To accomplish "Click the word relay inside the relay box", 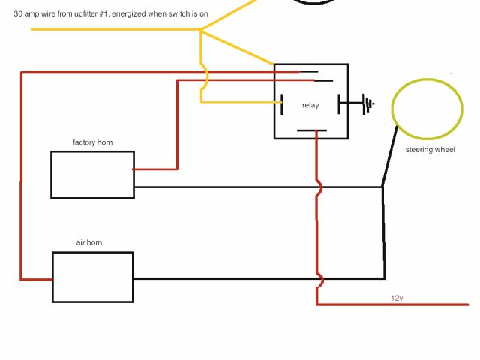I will point(310,105).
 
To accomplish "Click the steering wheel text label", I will point(430,150).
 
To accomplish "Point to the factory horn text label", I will point(92,142).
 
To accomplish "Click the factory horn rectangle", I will point(92,175).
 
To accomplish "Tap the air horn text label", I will point(88,243).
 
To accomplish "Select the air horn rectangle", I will point(92,277).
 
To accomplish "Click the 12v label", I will point(397,298).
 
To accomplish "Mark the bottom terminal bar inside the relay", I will point(311,130).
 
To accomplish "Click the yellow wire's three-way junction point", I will point(201,30).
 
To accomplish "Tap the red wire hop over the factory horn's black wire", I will point(319,187).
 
